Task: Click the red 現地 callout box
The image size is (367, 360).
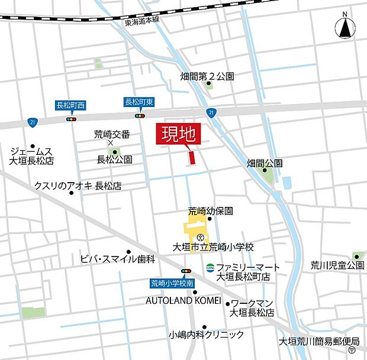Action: [x=179, y=135]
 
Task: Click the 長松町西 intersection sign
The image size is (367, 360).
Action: [x=70, y=105]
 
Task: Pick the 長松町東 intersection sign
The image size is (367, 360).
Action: [x=140, y=102]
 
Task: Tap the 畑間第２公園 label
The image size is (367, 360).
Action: [x=207, y=76]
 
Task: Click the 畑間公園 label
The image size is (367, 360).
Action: [x=265, y=162]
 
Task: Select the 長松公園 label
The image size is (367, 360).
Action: [x=115, y=160]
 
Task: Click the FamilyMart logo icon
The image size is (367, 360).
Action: [x=210, y=268]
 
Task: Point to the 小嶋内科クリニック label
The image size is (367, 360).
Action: [x=205, y=335]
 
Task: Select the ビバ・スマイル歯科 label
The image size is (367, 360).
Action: [x=117, y=259]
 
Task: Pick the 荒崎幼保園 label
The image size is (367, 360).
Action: [x=211, y=210]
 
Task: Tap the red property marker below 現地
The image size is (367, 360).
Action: [x=191, y=158]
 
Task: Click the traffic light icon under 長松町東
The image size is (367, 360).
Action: [x=140, y=116]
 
